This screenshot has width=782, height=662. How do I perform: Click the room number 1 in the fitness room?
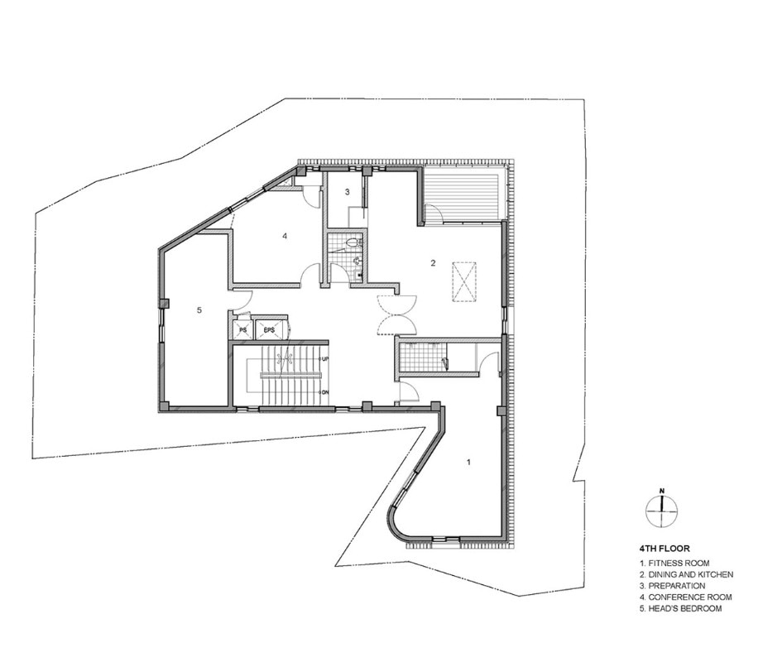point(468,462)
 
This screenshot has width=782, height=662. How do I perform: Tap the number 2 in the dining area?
point(433,263)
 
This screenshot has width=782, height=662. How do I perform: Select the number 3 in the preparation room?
point(348,191)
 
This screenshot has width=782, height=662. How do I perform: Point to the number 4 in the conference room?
point(285,236)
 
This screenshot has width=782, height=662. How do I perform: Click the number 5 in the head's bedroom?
point(199,309)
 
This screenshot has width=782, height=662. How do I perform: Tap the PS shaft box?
point(243,329)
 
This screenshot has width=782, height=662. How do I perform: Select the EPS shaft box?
point(269,329)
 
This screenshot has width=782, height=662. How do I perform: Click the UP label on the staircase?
point(325,359)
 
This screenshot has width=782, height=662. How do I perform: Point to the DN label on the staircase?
point(325,392)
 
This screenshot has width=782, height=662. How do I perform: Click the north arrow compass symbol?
point(662,511)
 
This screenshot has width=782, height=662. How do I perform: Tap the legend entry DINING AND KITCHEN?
point(686,574)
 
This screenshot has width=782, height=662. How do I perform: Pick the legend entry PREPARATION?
point(672,586)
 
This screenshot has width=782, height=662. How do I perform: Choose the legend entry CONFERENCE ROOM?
point(686,597)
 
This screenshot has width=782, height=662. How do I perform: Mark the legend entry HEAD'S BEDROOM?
point(681,608)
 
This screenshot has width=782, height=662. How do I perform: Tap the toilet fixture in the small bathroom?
point(355,243)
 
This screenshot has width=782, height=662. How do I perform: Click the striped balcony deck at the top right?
point(463,195)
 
